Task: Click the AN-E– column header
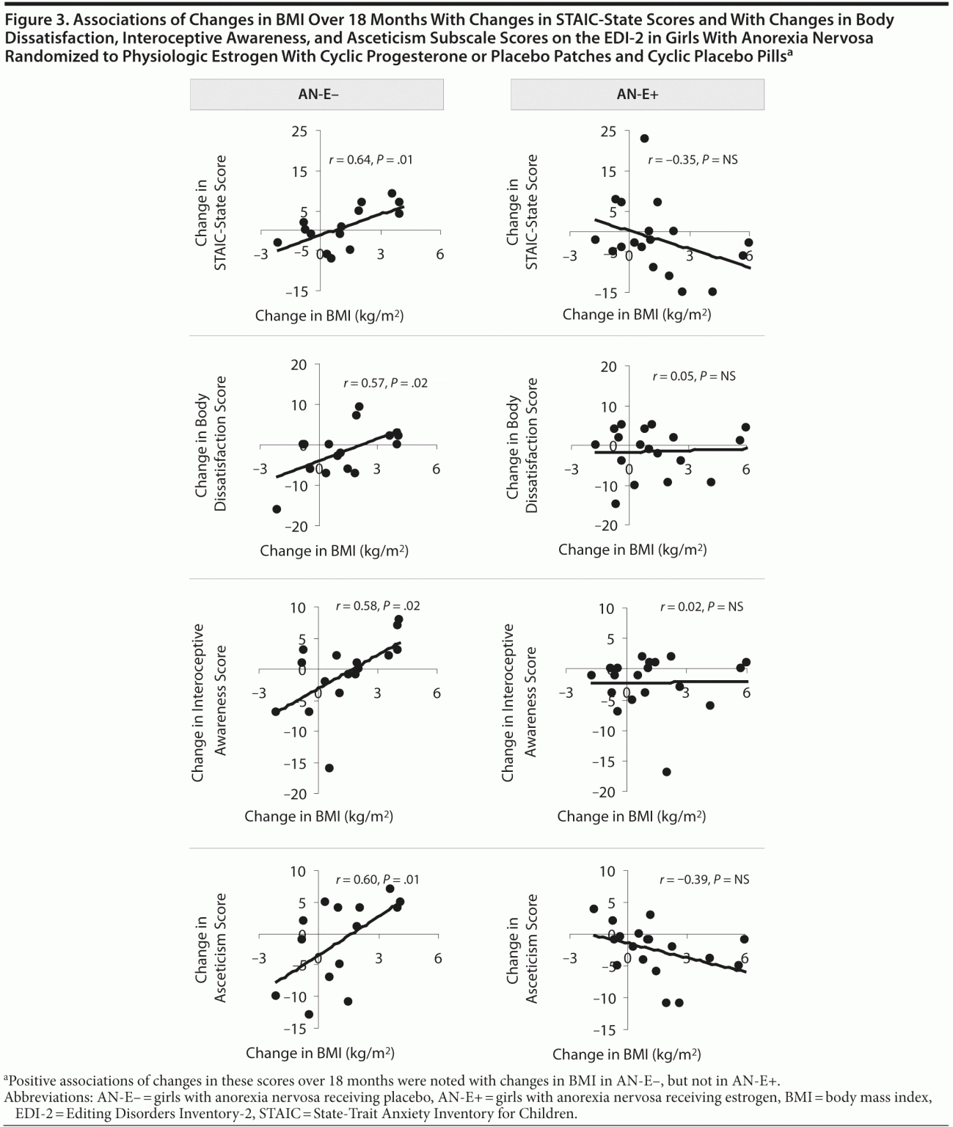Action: [x=317, y=95]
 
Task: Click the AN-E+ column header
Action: [x=637, y=95]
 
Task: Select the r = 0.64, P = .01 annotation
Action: [x=370, y=159]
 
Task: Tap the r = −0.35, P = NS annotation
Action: [x=692, y=159]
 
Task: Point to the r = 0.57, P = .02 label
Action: [x=385, y=383]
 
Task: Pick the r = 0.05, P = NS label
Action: [x=693, y=376]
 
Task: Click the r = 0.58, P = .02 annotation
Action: [x=377, y=606]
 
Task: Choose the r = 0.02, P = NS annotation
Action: [x=701, y=607]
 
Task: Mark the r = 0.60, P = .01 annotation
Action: [x=377, y=880]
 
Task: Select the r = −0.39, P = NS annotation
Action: [x=704, y=880]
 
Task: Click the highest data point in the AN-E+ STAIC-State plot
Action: [x=644, y=138]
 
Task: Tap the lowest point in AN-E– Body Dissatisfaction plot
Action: [x=277, y=509]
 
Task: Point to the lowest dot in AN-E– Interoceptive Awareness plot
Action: [x=329, y=768]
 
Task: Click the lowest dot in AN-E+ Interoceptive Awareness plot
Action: [x=666, y=772]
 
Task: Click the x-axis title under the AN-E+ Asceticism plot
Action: [x=626, y=1054]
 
